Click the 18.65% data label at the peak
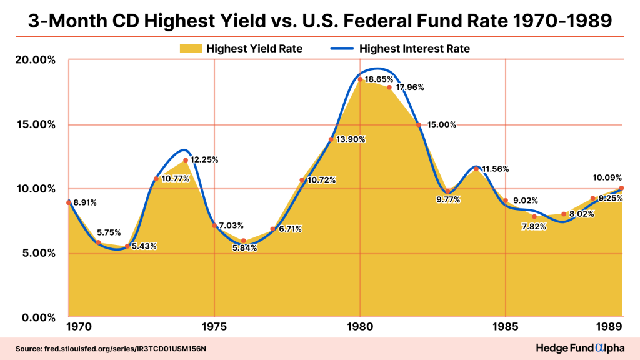379,80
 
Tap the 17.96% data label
410,87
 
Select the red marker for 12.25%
186,161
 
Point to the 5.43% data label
144,246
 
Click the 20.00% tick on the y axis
31,60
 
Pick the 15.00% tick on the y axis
31,124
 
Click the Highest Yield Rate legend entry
241,48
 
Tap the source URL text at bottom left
112,347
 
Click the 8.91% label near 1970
85,203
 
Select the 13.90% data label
350,139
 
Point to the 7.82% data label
534,226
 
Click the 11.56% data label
496,169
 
